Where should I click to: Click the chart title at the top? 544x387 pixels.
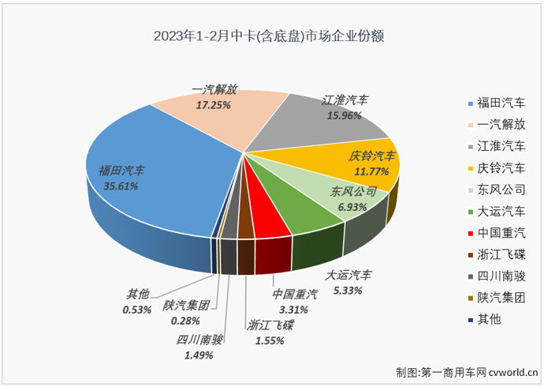pyautogui.click(x=272, y=36)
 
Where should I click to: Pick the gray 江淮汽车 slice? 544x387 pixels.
pyautogui.click(x=315, y=130)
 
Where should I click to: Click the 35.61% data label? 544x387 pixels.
pyautogui.click(x=120, y=186)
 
